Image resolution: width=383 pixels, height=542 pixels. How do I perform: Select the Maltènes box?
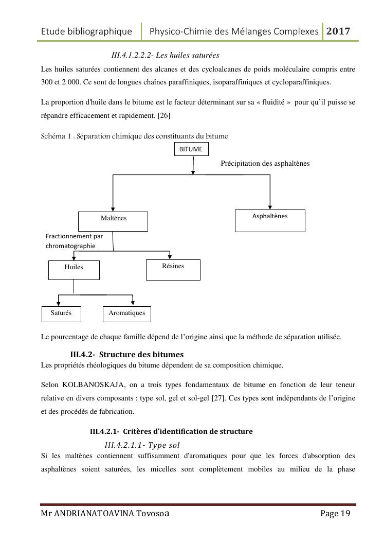[x=113, y=221]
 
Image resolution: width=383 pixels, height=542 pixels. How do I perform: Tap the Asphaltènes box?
[x=270, y=220]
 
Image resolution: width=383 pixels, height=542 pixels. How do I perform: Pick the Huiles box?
[x=74, y=270]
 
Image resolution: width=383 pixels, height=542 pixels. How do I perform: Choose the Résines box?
[x=173, y=269]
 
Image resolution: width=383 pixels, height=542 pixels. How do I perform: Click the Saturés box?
[x=61, y=313]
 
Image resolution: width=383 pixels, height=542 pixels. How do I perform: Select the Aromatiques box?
[x=127, y=313]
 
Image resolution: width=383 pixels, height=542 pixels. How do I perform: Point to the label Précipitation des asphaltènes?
[x=265, y=163]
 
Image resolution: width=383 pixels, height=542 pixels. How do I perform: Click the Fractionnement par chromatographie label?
[x=75, y=241]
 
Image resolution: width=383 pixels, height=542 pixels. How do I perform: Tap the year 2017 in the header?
[x=339, y=31]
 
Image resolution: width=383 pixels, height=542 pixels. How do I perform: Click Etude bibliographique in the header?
[x=86, y=31]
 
